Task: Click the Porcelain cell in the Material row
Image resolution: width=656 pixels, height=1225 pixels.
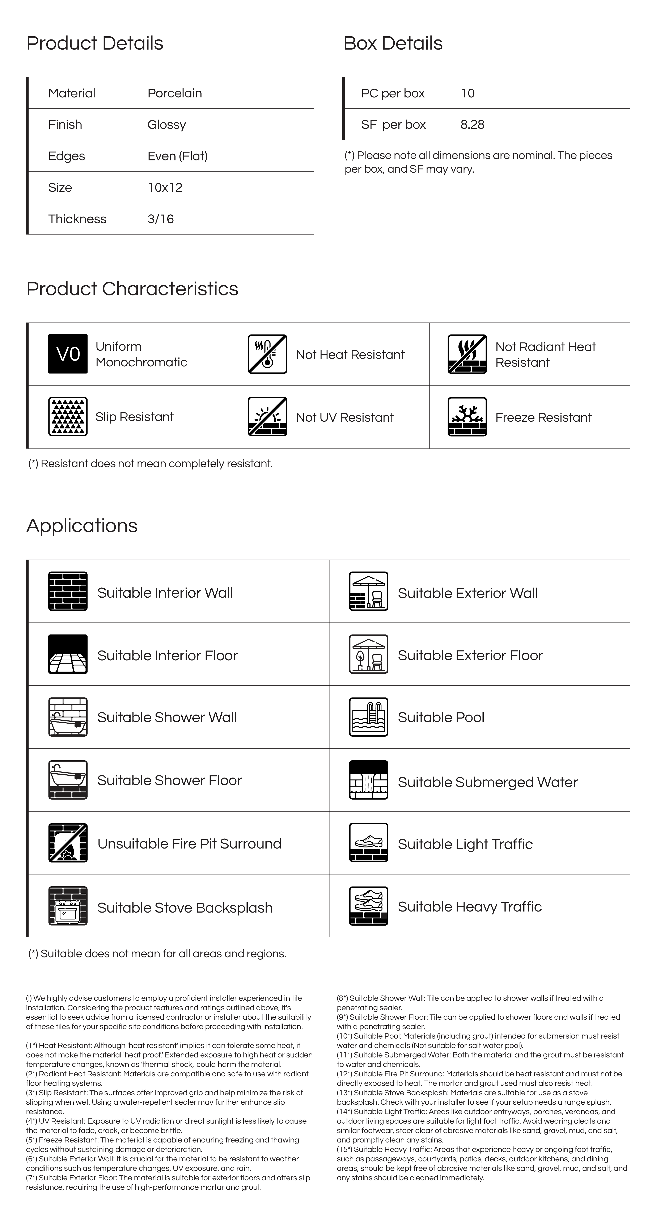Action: coord(174,93)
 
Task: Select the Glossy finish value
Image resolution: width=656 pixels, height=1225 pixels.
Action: coord(166,125)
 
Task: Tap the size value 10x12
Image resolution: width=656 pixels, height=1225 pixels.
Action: coord(165,187)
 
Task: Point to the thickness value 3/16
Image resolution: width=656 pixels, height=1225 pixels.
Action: coord(161,219)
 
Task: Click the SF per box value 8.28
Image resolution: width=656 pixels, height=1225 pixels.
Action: coord(472,125)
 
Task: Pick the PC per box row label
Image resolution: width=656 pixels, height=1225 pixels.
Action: coord(393,93)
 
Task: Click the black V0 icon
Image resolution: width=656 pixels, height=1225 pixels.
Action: coord(68,354)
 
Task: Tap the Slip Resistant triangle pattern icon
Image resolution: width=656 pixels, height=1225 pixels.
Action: coord(68,417)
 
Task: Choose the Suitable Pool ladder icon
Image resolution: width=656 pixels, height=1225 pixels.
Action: coord(368,717)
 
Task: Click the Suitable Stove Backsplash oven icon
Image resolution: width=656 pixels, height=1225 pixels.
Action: coord(68,906)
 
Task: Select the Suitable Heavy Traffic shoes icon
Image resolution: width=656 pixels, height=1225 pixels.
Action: coord(368,906)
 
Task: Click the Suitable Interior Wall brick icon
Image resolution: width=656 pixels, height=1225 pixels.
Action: coord(68,591)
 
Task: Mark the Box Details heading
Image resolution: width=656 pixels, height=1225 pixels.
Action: coord(393,43)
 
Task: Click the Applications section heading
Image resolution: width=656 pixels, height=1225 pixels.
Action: coord(82,526)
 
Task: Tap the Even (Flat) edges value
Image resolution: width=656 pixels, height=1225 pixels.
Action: coord(177,156)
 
